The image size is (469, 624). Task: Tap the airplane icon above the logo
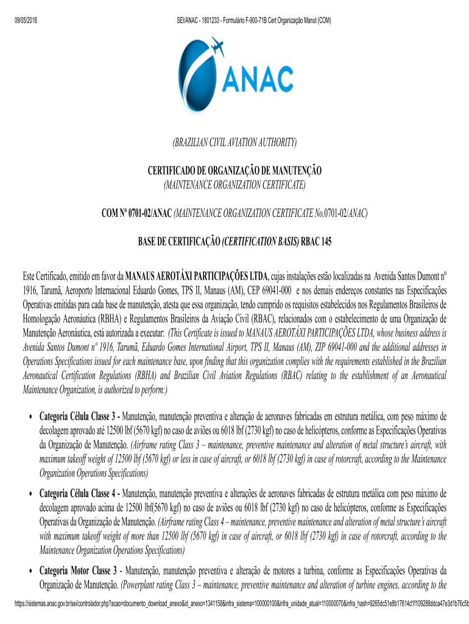pos(216,46)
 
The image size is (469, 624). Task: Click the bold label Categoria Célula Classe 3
pos(79,417)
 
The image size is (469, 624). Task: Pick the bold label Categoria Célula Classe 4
pos(79,492)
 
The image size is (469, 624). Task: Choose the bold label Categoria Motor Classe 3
pos(79,572)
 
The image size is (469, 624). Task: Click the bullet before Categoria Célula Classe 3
pos(30,417)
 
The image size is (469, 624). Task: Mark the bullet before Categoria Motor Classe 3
pos(30,572)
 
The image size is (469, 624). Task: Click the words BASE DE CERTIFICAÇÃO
pos(178,241)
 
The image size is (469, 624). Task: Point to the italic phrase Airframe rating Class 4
pos(196,522)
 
